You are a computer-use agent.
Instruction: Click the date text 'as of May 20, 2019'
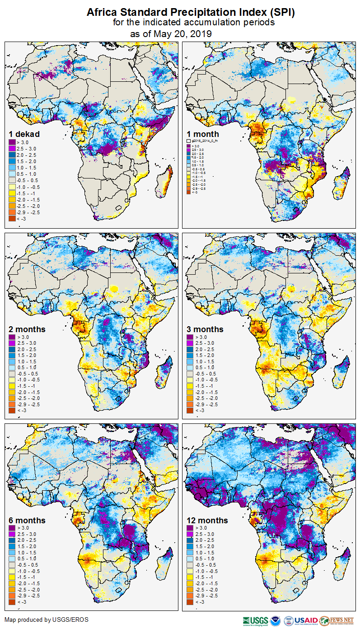[171, 34]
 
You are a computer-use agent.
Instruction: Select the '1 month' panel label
[203, 134]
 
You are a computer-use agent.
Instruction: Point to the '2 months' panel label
[27, 329]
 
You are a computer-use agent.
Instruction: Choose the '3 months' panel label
[205, 329]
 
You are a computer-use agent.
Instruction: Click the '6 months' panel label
[27, 520]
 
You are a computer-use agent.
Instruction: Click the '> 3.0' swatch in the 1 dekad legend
[12, 142]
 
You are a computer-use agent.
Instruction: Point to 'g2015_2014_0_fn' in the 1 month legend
[204, 141]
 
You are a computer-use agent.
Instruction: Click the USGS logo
[255, 620]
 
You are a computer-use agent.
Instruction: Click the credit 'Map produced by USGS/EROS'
[47, 620]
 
